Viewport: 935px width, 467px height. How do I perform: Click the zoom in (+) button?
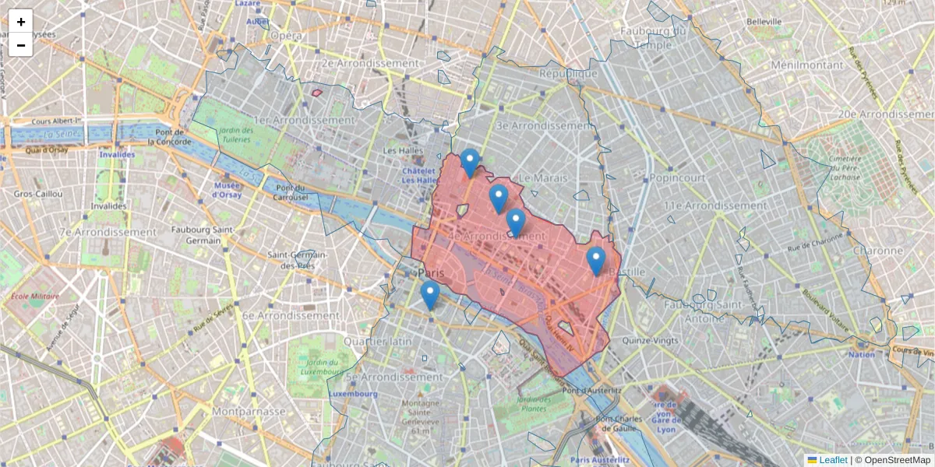(21, 22)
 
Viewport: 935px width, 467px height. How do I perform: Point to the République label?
(568, 73)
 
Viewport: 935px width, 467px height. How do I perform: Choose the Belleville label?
(764, 21)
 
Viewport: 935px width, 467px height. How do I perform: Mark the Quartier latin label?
(377, 342)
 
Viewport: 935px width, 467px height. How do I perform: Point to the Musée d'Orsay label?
(228, 190)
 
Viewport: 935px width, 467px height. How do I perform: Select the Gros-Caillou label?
(37, 192)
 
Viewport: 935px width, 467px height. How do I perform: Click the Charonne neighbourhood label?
(877, 251)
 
